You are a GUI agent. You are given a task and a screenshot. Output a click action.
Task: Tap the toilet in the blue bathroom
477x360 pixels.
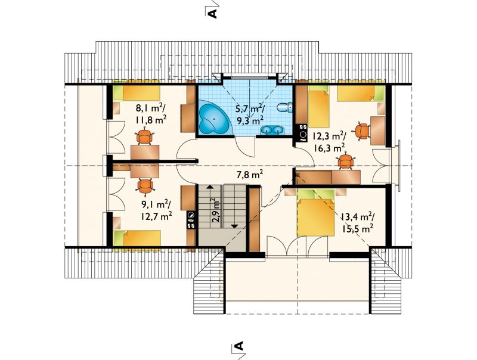[285, 107]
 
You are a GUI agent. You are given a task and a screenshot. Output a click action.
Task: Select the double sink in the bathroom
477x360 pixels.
[272, 130]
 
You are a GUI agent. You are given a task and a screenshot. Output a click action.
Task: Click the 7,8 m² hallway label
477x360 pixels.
[249, 175]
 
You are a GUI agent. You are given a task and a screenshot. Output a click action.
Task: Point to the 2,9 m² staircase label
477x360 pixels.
[216, 211]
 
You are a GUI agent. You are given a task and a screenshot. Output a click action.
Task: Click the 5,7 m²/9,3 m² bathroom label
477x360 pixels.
[250, 114]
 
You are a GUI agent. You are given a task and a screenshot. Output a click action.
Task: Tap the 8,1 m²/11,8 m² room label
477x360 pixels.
[151, 114]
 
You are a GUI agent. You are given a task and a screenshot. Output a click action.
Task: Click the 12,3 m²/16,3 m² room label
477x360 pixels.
[327, 142]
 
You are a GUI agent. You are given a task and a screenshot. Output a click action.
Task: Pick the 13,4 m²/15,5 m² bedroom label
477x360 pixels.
[357, 222]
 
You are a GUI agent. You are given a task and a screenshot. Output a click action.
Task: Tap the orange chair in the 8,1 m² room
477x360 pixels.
[144, 137]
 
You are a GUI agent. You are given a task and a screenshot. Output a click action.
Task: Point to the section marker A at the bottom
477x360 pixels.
[239, 346]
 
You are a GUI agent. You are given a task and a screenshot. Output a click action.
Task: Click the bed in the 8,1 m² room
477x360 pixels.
[137, 92]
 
